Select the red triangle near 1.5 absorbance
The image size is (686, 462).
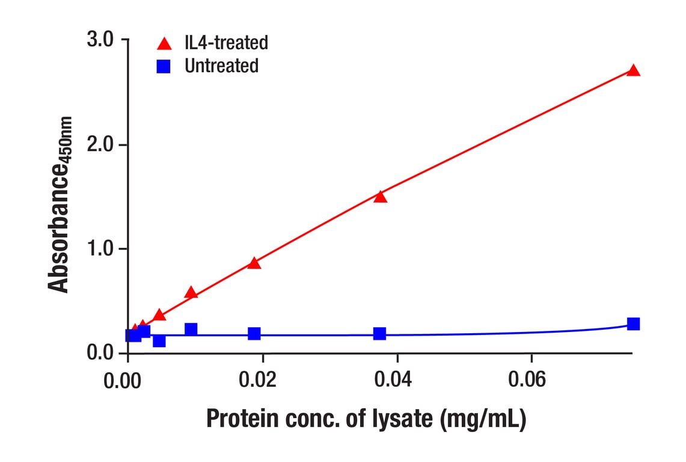(380, 197)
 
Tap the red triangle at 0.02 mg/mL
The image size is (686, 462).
(254, 263)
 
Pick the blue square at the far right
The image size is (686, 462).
(633, 324)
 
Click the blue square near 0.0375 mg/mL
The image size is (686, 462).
(380, 333)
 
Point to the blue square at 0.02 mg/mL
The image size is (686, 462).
(254, 333)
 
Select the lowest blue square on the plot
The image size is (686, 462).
(159, 341)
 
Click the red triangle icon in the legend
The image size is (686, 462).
(164, 44)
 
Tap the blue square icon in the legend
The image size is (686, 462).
(164, 66)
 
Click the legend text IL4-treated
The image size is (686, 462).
(226, 43)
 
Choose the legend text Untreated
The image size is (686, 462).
(221, 66)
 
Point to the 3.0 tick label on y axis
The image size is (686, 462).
(100, 40)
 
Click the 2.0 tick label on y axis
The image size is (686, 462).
(100, 144)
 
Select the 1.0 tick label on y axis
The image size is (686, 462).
(100, 248)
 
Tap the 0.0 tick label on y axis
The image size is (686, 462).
(100, 352)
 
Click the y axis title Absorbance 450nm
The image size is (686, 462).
(60, 205)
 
